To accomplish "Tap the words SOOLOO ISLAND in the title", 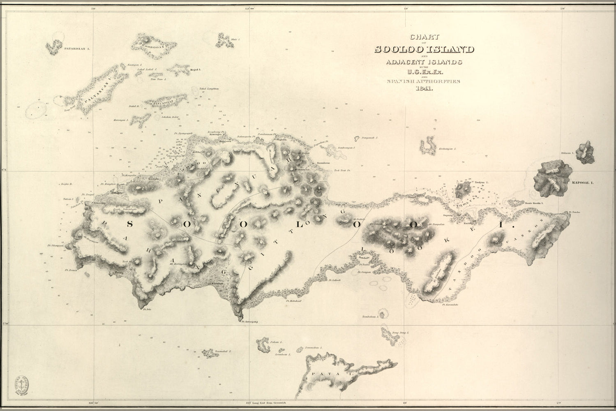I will click(x=424, y=50).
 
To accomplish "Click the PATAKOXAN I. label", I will click(x=76, y=48).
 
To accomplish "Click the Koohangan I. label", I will click(x=448, y=148).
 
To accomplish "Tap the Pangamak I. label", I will click(x=369, y=139).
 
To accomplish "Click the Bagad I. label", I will click(x=195, y=69).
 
